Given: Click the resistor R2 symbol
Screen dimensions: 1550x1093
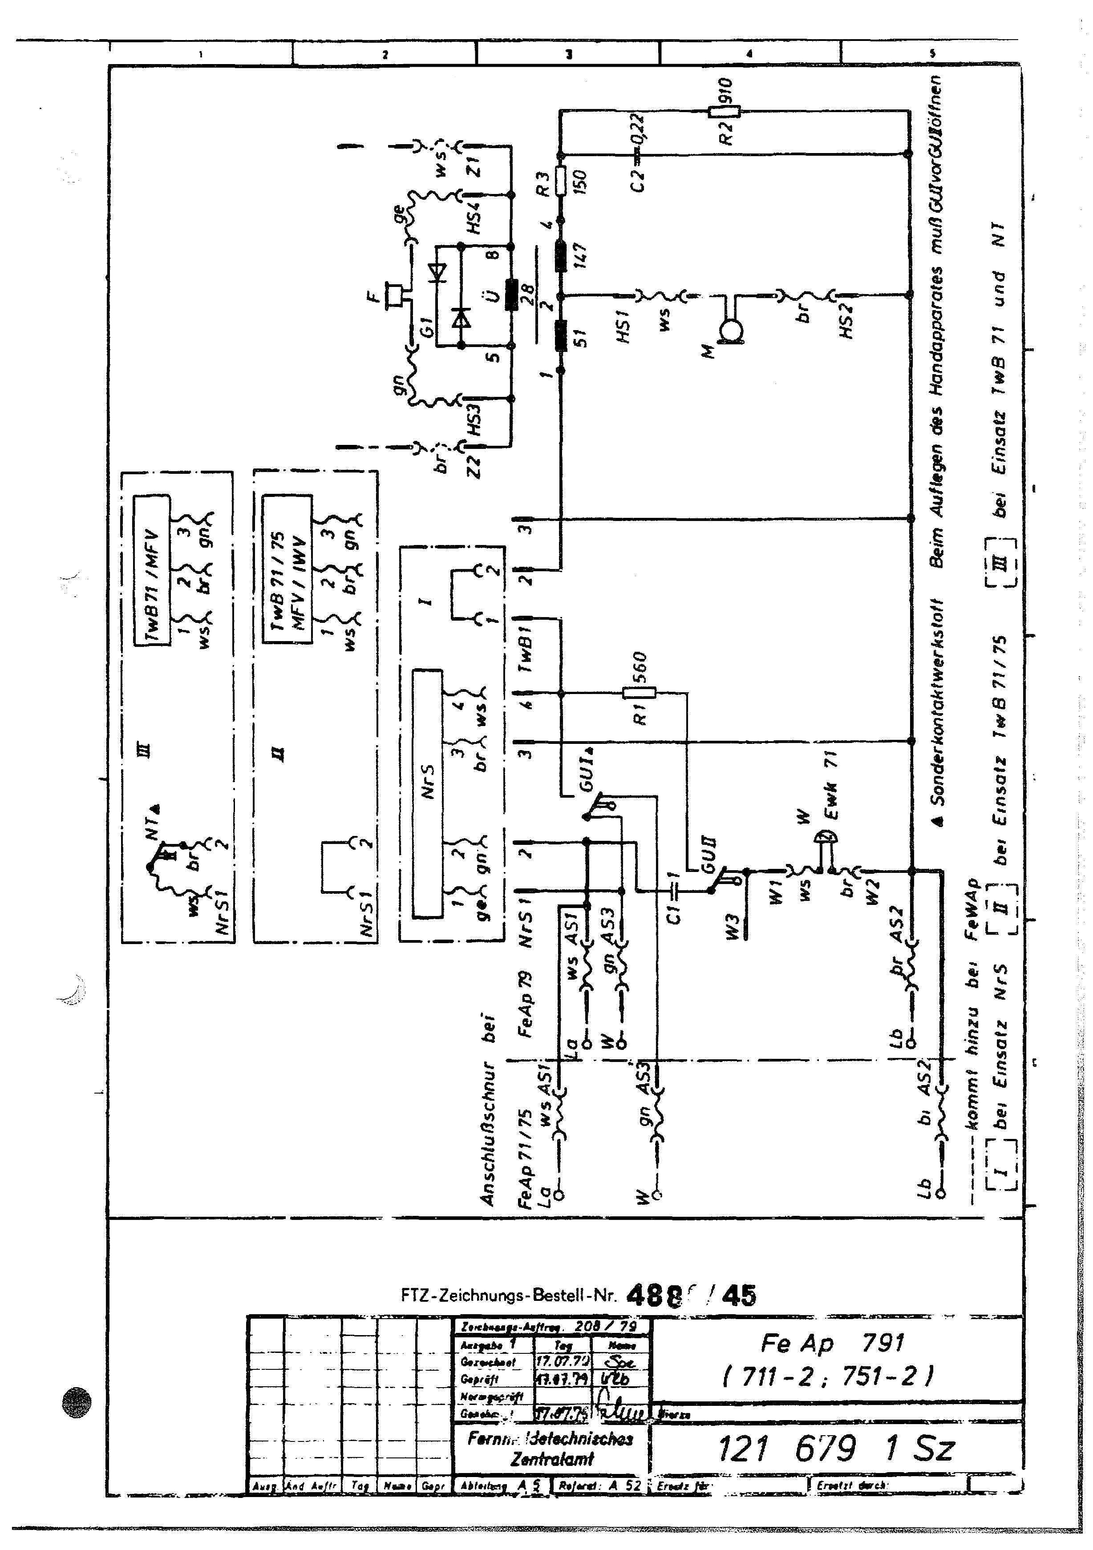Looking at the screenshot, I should [x=724, y=111].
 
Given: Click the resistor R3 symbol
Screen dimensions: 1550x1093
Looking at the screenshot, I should [x=560, y=181].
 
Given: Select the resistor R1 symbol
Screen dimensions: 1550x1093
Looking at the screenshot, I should [x=639, y=693].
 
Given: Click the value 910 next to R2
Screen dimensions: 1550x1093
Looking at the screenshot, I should [x=725, y=91].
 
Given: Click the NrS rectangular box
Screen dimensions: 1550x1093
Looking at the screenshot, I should [x=427, y=793].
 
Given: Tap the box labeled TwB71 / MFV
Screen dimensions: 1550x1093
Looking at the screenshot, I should [x=151, y=570].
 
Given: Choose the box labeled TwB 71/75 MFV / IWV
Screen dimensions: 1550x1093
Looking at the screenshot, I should [x=287, y=570].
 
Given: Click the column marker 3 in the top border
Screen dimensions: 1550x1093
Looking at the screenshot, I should [x=568, y=54].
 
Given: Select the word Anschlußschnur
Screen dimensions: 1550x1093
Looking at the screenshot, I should [x=487, y=1134].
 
